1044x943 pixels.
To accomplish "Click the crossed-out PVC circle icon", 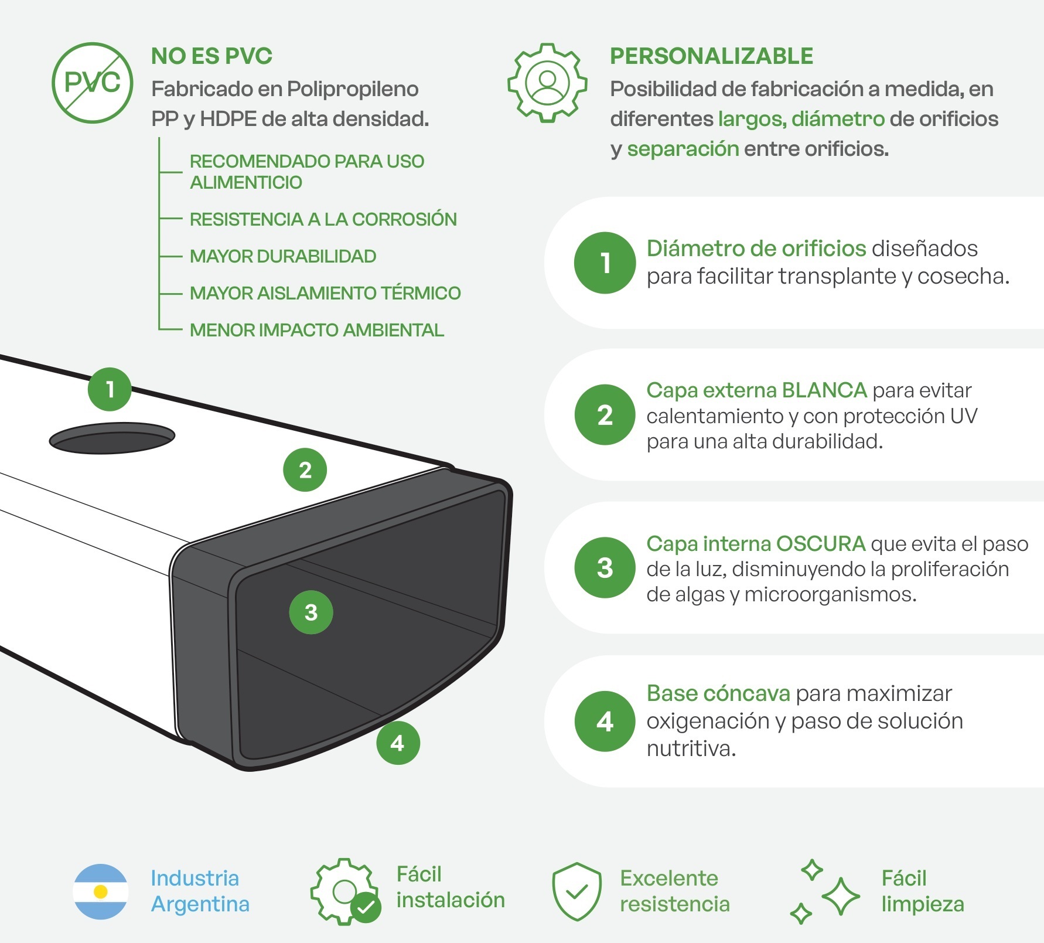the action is (93, 83).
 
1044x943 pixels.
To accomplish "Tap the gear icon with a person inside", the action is (547, 83).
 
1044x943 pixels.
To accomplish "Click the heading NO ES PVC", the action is (211, 56).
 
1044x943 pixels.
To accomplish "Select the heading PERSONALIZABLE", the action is (711, 56).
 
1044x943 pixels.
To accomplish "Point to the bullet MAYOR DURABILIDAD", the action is (283, 256).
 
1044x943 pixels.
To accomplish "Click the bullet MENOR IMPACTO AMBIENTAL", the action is (317, 330).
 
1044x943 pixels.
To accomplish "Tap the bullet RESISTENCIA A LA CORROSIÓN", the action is (323, 219).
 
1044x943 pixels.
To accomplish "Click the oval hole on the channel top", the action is (112, 438).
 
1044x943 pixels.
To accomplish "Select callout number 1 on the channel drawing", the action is (110, 389).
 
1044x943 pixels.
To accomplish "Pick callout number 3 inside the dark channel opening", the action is (311, 612).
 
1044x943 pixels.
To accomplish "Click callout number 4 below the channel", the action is (398, 743).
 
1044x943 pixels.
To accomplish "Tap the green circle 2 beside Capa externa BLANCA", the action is (605, 415).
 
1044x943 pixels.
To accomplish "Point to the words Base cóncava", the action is (718, 693).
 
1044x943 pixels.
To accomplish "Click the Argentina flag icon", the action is (101, 891).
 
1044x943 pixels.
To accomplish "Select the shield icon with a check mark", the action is (577, 891).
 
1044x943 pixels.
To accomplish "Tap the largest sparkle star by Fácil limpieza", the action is (841, 896).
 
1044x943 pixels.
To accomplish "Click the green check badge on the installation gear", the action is (366, 907).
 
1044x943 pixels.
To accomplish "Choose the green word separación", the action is (683, 149).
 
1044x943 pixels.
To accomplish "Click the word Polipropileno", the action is (353, 89).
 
